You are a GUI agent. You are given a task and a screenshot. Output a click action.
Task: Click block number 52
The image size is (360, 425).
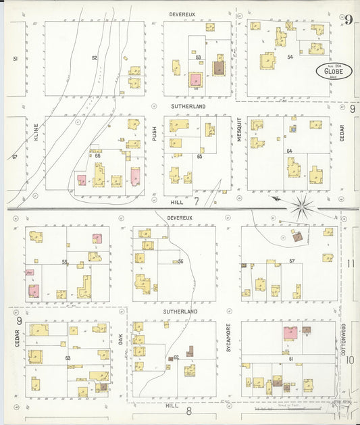point(95,58)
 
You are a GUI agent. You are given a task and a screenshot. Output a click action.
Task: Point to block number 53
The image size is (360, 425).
point(199,58)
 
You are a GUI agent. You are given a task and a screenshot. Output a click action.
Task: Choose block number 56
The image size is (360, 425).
point(180,261)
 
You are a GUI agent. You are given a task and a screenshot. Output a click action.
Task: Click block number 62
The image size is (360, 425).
point(176,357)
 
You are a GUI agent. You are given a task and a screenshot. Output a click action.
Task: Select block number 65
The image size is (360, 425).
point(199,156)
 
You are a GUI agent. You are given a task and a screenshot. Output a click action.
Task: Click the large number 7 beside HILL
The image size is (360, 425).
point(196,201)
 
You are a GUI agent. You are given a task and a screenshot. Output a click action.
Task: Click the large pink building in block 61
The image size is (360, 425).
point(290,333)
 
